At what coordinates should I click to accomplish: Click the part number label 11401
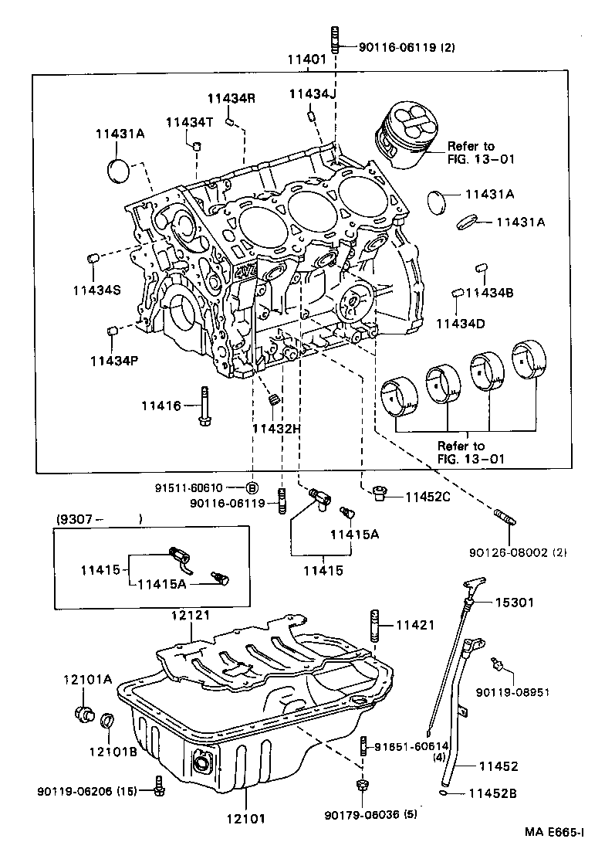[306, 59]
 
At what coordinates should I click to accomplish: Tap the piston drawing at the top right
[406, 134]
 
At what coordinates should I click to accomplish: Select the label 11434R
[231, 99]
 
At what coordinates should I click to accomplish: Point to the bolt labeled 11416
[204, 406]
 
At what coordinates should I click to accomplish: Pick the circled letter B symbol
[252, 487]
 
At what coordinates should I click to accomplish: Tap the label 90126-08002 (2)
[517, 552]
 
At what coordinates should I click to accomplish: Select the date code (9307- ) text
[99, 518]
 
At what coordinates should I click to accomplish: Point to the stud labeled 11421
[376, 625]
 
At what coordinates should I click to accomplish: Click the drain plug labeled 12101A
[84, 715]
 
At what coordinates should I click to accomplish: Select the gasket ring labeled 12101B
[107, 721]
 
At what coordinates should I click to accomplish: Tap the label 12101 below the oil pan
[246, 819]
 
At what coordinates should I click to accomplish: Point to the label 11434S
[97, 290]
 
